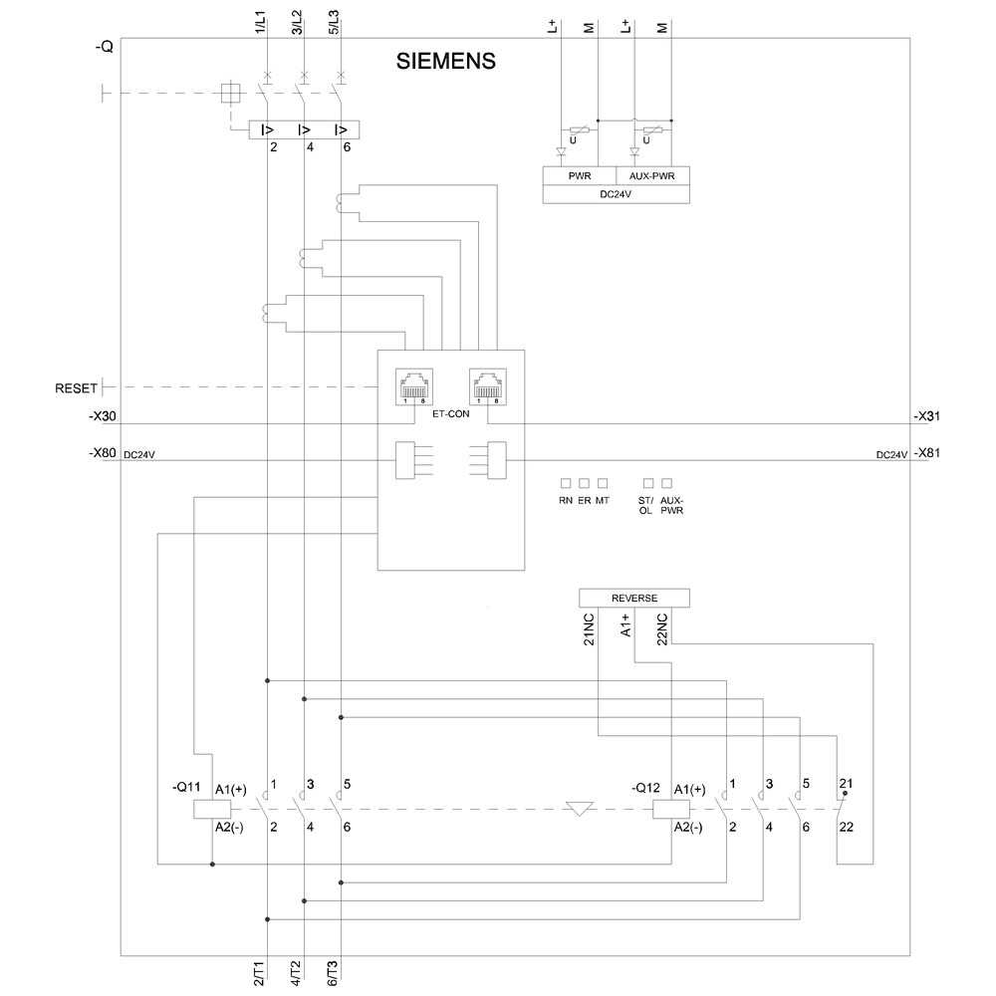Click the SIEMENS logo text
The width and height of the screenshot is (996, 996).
[x=446, y=61]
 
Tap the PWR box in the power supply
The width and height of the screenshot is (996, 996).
[x=579, y=176]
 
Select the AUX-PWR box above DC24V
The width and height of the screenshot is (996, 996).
[x=651, y=176]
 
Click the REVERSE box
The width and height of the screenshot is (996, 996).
[x=633, y=598]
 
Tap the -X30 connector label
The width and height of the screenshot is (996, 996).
[x=102, y=415]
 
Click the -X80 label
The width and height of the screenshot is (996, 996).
[x=102, y=454]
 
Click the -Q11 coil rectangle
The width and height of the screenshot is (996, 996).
[x=204, y=809]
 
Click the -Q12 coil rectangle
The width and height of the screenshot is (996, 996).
[x=664, y=809]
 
